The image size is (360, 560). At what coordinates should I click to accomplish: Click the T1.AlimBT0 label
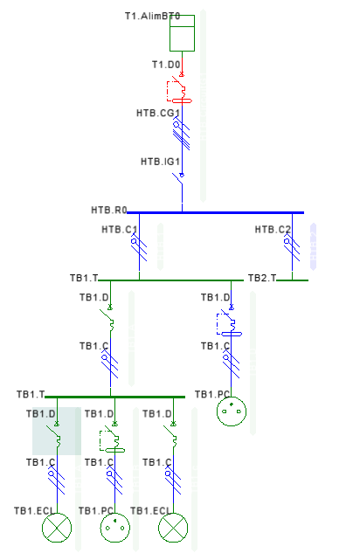tap(153, 16)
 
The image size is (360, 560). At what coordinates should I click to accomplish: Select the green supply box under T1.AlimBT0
tap(182, 33)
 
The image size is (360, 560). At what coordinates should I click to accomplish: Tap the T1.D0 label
tap(166, 65)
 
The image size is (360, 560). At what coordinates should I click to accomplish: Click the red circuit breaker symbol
tap(179, 90)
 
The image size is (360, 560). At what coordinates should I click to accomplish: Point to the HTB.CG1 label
tap(158, 114)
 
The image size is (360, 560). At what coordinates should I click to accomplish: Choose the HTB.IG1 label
tap(160, 162)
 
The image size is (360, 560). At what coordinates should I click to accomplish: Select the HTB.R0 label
tap(109, 210)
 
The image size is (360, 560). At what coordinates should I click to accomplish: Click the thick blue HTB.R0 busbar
tap(215, 213)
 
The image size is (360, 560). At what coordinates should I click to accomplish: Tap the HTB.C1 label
tap(120, 229)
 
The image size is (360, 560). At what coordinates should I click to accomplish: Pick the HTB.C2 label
tap(273, 229)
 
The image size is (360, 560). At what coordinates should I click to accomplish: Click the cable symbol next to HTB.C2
tap(292, 246)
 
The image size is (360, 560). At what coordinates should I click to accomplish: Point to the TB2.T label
tap(262, 278)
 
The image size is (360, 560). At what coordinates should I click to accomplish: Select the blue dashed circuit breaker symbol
tap(229, 323)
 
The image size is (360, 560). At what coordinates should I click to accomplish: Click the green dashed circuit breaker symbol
tap(112, 439)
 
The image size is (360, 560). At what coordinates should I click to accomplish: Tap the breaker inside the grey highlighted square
tap(56, 434)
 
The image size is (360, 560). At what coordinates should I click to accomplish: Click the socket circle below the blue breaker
tap(232, 411)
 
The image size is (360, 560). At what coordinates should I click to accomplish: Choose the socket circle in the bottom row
tap(115, 528)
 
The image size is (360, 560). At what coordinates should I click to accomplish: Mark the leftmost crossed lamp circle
tap(57, 528)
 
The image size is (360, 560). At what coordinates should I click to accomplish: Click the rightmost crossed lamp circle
tap(173, 528)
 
